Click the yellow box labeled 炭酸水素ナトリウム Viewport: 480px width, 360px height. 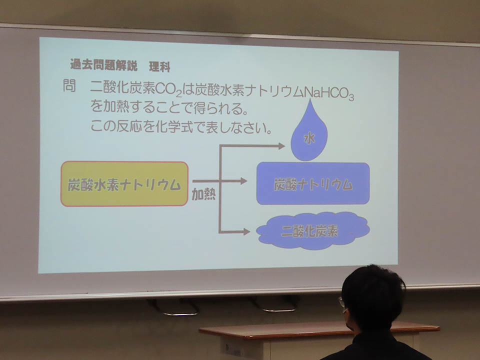[124, 183]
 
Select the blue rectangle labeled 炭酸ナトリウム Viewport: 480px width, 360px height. [313, 183]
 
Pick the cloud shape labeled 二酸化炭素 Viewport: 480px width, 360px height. [312, 231]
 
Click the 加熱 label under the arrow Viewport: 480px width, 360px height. [203, 194]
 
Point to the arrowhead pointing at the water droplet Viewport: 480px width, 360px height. [281, 145]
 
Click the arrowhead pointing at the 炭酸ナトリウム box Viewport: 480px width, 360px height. [243, 181]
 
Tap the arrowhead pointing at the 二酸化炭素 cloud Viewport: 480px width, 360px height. [246, 231]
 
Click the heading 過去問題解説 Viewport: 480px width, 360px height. [104, 65]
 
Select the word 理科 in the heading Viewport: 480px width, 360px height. [159, 66]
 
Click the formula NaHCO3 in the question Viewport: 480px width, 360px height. [329, 93]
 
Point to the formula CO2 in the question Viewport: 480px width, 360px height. [168, 89]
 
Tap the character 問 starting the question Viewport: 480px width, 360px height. [69, 85]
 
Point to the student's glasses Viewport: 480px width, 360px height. [342, 302]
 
